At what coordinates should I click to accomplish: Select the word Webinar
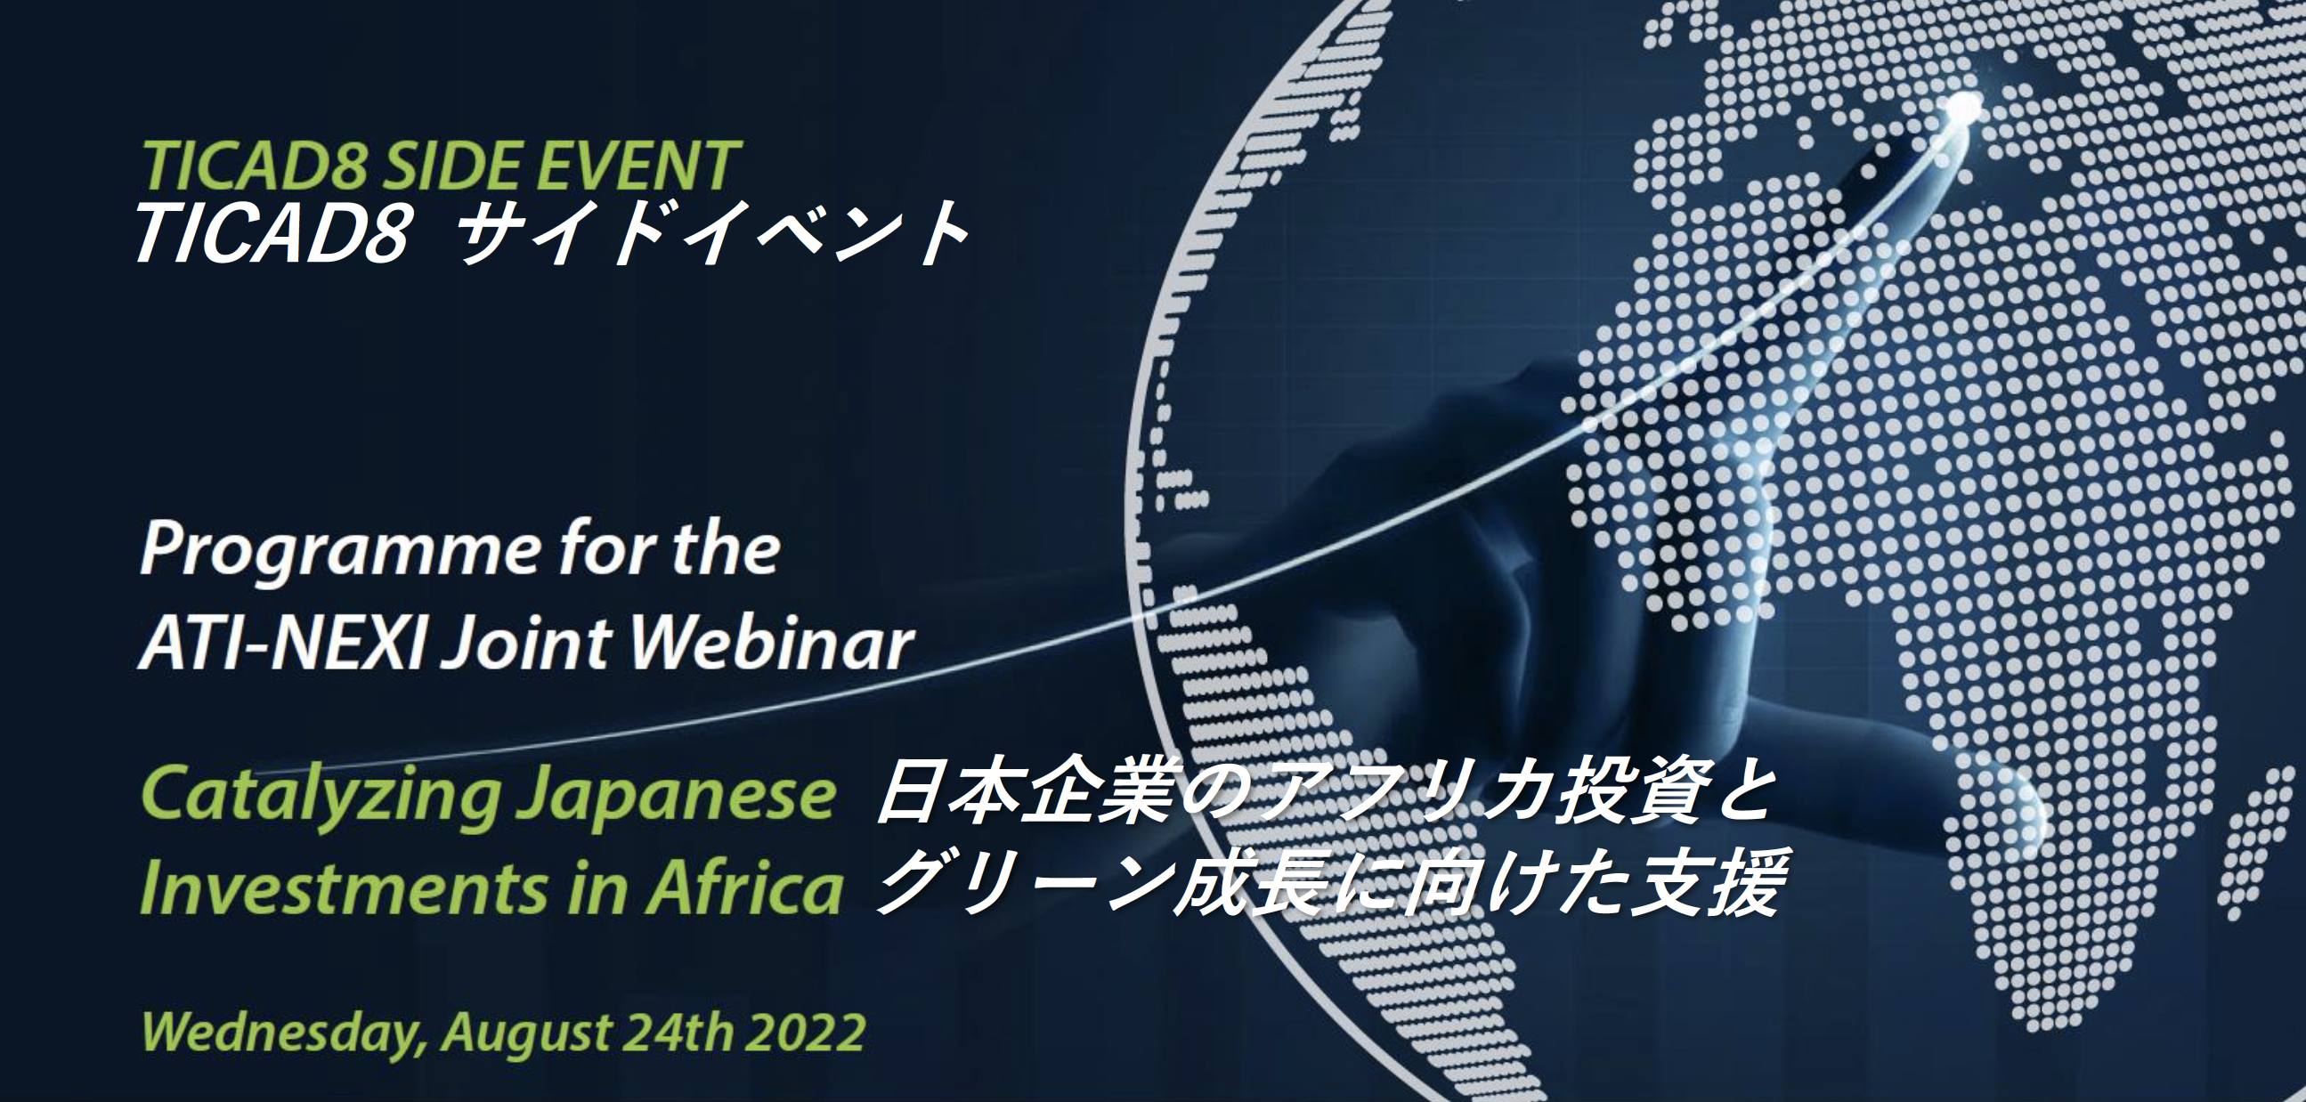click(772, 643)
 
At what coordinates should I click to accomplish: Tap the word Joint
click(527, 644)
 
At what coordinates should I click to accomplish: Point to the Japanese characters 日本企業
click(1023, 792)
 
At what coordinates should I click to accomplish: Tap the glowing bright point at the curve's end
click(1963, 107)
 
